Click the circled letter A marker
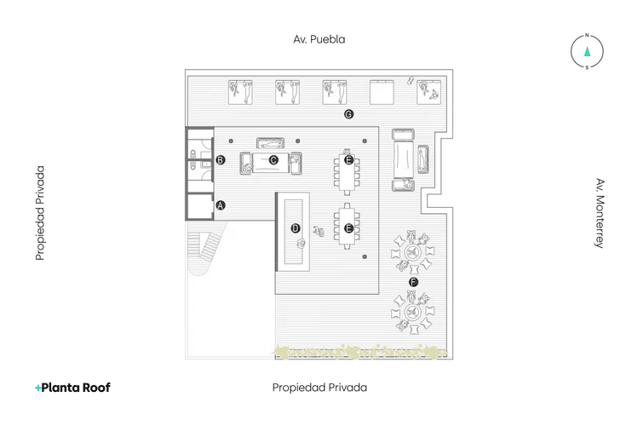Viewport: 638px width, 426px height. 221,204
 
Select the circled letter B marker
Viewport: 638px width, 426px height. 221,159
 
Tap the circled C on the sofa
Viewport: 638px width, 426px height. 273,159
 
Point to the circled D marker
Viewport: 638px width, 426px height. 296,227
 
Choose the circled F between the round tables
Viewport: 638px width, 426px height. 414,281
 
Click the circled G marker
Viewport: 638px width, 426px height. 348,114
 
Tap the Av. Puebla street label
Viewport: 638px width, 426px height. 319,39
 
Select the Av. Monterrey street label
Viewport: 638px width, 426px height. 600,213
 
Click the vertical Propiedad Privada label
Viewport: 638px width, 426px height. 40,213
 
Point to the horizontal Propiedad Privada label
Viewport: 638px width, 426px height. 319,387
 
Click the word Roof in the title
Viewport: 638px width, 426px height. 95,387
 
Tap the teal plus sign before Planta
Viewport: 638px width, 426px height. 37,388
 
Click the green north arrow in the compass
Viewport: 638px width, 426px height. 587,51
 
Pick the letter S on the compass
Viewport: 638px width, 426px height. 587,67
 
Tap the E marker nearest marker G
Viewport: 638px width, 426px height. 348,159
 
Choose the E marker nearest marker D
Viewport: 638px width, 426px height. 348,227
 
